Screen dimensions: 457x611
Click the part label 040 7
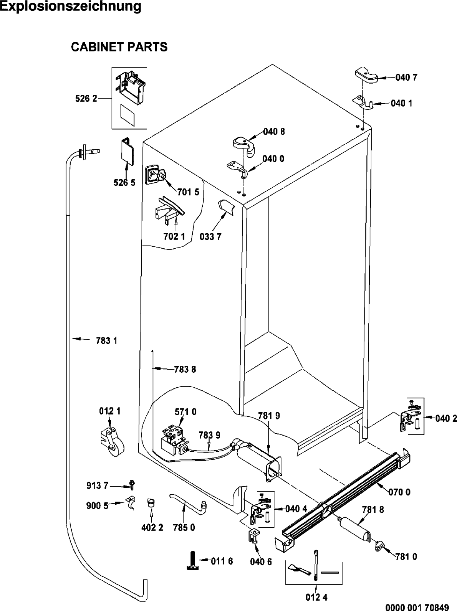coord(406,78)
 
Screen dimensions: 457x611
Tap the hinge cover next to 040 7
coord(366,75)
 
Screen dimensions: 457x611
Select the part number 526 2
coord(86,98)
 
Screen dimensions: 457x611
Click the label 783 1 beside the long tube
coord(107,340)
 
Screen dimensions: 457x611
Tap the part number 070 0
coord(400,492)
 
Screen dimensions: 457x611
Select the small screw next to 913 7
coord(132,485)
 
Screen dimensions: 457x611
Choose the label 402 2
coord(152,527)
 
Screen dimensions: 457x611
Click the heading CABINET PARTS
coord(119,47)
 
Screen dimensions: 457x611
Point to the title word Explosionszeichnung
coord(71,6)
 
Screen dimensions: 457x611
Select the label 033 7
coord(210,236)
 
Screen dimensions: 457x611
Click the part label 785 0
coord(184,527)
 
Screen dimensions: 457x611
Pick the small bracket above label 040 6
coord(253,535)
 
